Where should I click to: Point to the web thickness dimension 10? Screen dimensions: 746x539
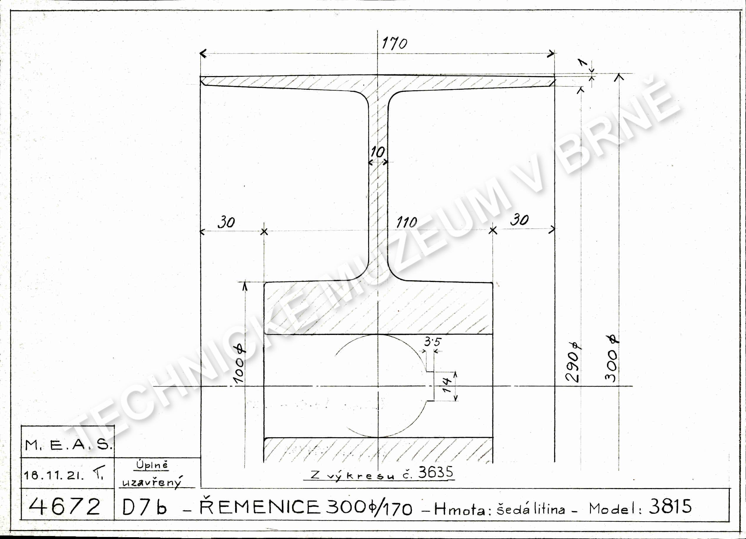click(x=378, y=152)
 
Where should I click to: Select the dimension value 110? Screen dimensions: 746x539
click(x=407, y=223)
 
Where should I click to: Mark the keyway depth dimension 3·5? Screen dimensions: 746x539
click(x=432, y=342)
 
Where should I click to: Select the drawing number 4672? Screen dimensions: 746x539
click(x=64, y=506)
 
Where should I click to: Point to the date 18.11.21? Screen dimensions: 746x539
click(x=54, y=475)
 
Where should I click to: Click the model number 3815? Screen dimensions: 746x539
click(x=670, y=506)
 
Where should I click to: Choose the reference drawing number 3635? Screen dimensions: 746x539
click(x=436, y=473)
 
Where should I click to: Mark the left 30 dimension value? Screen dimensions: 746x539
click(x=226, y=223)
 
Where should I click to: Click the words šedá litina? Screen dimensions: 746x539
click(x=531, y=509)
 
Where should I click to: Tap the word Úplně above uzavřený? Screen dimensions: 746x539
click(x=152, y=465)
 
